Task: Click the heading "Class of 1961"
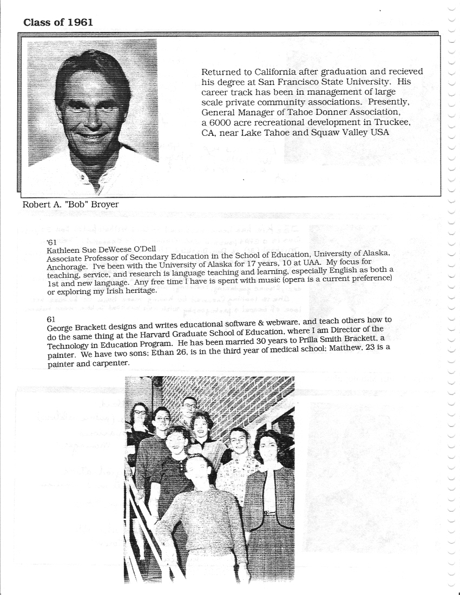click(58, 22)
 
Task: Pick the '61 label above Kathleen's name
click(52, 242)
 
